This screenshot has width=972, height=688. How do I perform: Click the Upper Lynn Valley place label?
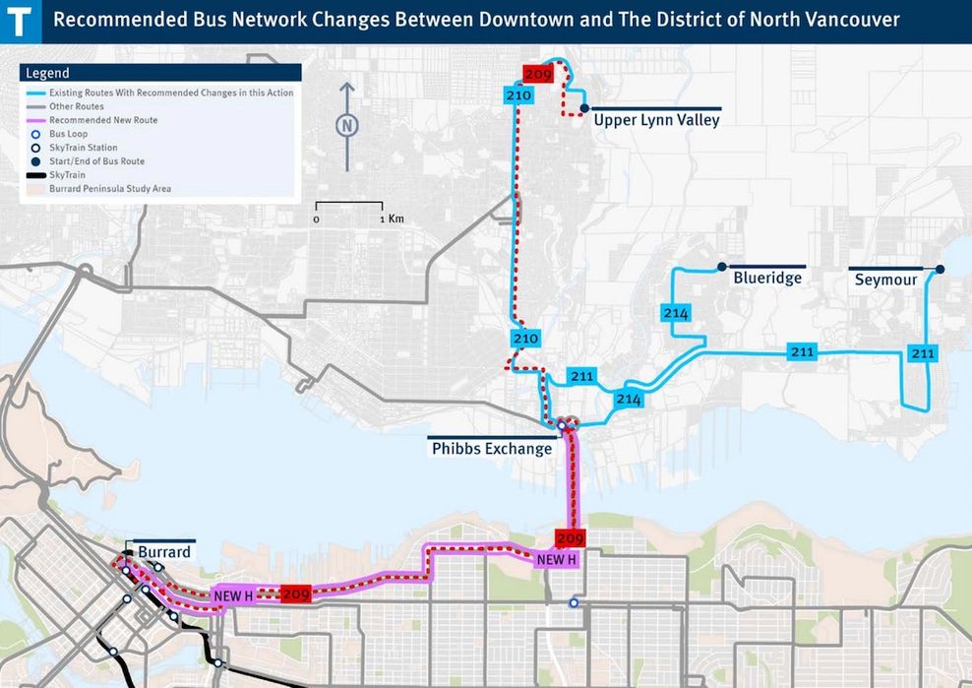(656, 120)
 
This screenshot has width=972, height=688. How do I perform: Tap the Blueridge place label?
(767, 279)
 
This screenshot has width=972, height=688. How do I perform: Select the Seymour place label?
(885, 280)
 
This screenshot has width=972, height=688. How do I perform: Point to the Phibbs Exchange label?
(492, 449)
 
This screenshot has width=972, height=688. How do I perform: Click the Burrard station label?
(163, 553)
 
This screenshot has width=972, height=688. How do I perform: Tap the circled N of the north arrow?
(346, 125)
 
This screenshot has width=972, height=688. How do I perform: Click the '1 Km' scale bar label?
(395, 219)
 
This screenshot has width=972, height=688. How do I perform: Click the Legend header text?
(47, 73)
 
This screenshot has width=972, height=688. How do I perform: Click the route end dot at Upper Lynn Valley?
(583, 108)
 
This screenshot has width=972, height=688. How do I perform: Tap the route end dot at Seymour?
(940, 270)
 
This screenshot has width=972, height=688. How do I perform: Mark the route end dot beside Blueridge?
(722, 267)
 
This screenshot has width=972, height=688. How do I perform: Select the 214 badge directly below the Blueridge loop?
(676, 313)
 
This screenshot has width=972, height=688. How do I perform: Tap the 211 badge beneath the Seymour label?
(922, 353)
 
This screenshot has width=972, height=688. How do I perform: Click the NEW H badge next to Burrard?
(233, 595)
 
